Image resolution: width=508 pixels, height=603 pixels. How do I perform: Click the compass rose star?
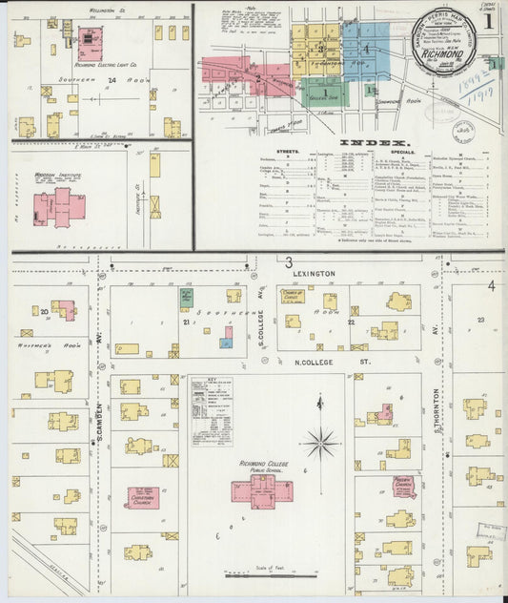point(321,442)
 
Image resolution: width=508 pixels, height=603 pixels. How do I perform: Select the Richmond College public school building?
point(258,490)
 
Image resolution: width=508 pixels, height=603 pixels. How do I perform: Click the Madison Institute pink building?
point(58,204)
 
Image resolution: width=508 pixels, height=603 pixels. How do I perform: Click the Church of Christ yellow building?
point(293,322)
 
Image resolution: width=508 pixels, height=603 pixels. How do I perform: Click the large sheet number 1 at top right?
point(488,18)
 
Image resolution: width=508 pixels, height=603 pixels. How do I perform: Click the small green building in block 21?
point(186,299)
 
